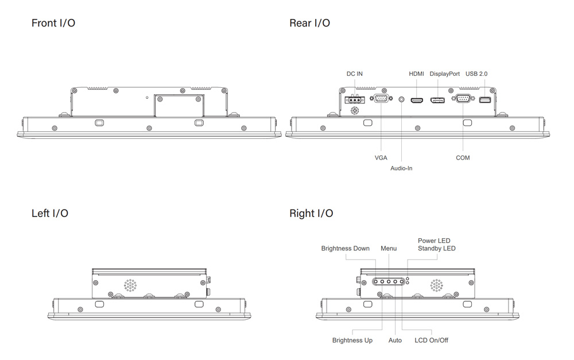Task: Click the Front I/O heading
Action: (53, 24)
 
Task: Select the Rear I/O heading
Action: (309, 24)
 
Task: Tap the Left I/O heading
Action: (50, 214)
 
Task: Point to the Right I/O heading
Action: (311, 214)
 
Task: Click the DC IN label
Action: (355, 74)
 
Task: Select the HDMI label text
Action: (416, 74)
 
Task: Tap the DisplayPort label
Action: (444, 74)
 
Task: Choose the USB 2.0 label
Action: (476, 74)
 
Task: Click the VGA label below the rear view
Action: (381, 158)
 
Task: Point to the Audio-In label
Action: (401, 168)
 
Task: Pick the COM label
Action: (463, 158)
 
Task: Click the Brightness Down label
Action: (346, 249)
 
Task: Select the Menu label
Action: (389, 249)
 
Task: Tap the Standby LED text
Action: (437, 249)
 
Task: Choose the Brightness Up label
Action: (352, 340)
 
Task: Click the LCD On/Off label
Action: (432, 340)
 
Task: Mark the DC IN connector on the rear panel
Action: (355, 100)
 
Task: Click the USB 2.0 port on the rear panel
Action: (485, 100)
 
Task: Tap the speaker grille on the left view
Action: (131, 285)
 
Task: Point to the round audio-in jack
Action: (401, 100)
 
